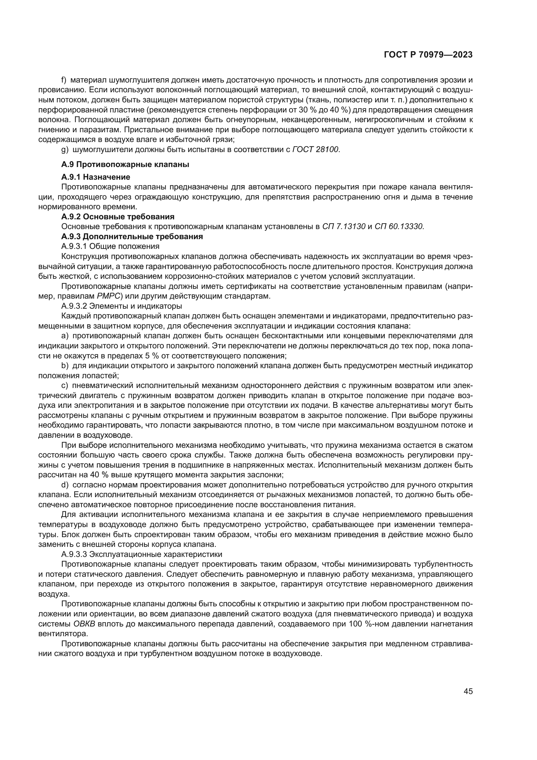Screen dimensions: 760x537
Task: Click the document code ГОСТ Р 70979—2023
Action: (x=428, y=55)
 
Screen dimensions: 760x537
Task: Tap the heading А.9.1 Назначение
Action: (x=95, y=177)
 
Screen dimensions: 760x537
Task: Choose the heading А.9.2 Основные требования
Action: (x=118, y=217)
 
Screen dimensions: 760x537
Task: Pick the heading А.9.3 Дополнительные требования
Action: (x=132, y=237)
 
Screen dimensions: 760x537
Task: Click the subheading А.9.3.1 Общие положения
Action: (x=110, y=246)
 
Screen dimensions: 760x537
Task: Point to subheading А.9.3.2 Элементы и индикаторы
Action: (x=121, y=306)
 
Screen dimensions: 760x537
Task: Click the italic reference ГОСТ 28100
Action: (x=316, y=149)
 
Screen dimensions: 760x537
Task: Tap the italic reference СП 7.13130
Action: (x=344, y=227)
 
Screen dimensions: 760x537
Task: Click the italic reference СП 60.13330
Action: (x=399, y=227)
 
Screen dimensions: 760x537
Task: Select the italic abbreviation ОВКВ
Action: (x=84, y=624)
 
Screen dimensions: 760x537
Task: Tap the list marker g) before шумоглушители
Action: (x=65, y=149)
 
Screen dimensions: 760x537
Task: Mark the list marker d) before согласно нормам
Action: (x=65, y=485)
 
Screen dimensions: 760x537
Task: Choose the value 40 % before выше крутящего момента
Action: (x=100, y=475)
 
